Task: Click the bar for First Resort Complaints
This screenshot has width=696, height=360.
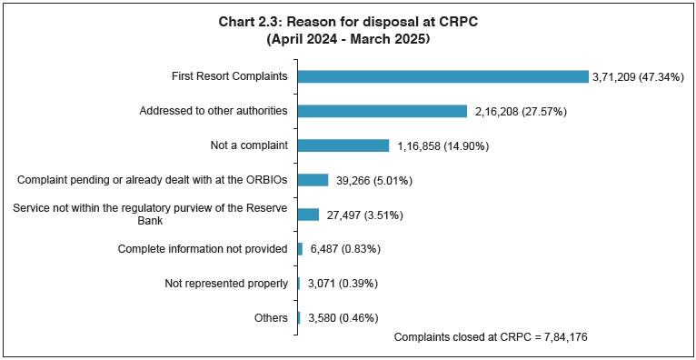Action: (x=442, y=76)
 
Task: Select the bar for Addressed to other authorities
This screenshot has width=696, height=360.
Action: (x=382, y=111)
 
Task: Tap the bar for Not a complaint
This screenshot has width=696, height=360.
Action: (x=343, y=145)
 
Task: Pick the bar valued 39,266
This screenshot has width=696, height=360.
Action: (x=313, y=180)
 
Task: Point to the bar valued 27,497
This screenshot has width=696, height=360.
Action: (x=308, y=215)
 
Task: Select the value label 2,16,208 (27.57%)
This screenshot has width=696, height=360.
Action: (x=522, y=111)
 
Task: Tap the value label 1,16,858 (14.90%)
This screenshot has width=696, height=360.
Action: (x=442, y=145)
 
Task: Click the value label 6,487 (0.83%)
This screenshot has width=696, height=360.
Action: (x=345, y=249)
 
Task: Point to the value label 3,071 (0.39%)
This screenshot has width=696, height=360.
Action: (x=342, y=284)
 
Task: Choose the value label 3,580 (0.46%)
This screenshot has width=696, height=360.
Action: (x=342, y=318)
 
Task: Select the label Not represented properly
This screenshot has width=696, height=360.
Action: (x=226, y=284)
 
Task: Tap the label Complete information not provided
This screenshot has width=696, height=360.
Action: (x=204, y=249)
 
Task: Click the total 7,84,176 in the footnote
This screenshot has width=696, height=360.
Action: (x=568, y=337)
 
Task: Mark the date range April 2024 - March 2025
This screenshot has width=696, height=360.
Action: (x=349, y=40)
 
